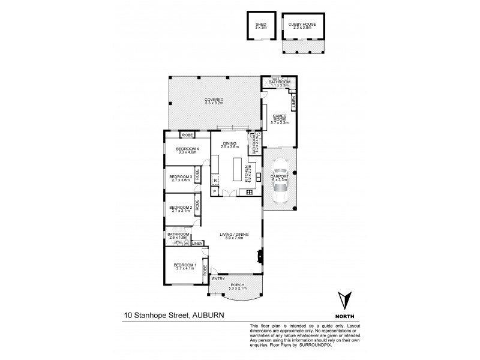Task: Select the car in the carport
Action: (x=280, y=189)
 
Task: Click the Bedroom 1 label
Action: (x=185, y=266)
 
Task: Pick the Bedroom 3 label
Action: (x=180, y=178)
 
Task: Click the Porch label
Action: (x=238, y=286)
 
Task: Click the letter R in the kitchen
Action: (x=215, y=179)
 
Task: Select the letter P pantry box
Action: (x=214, y=191)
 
